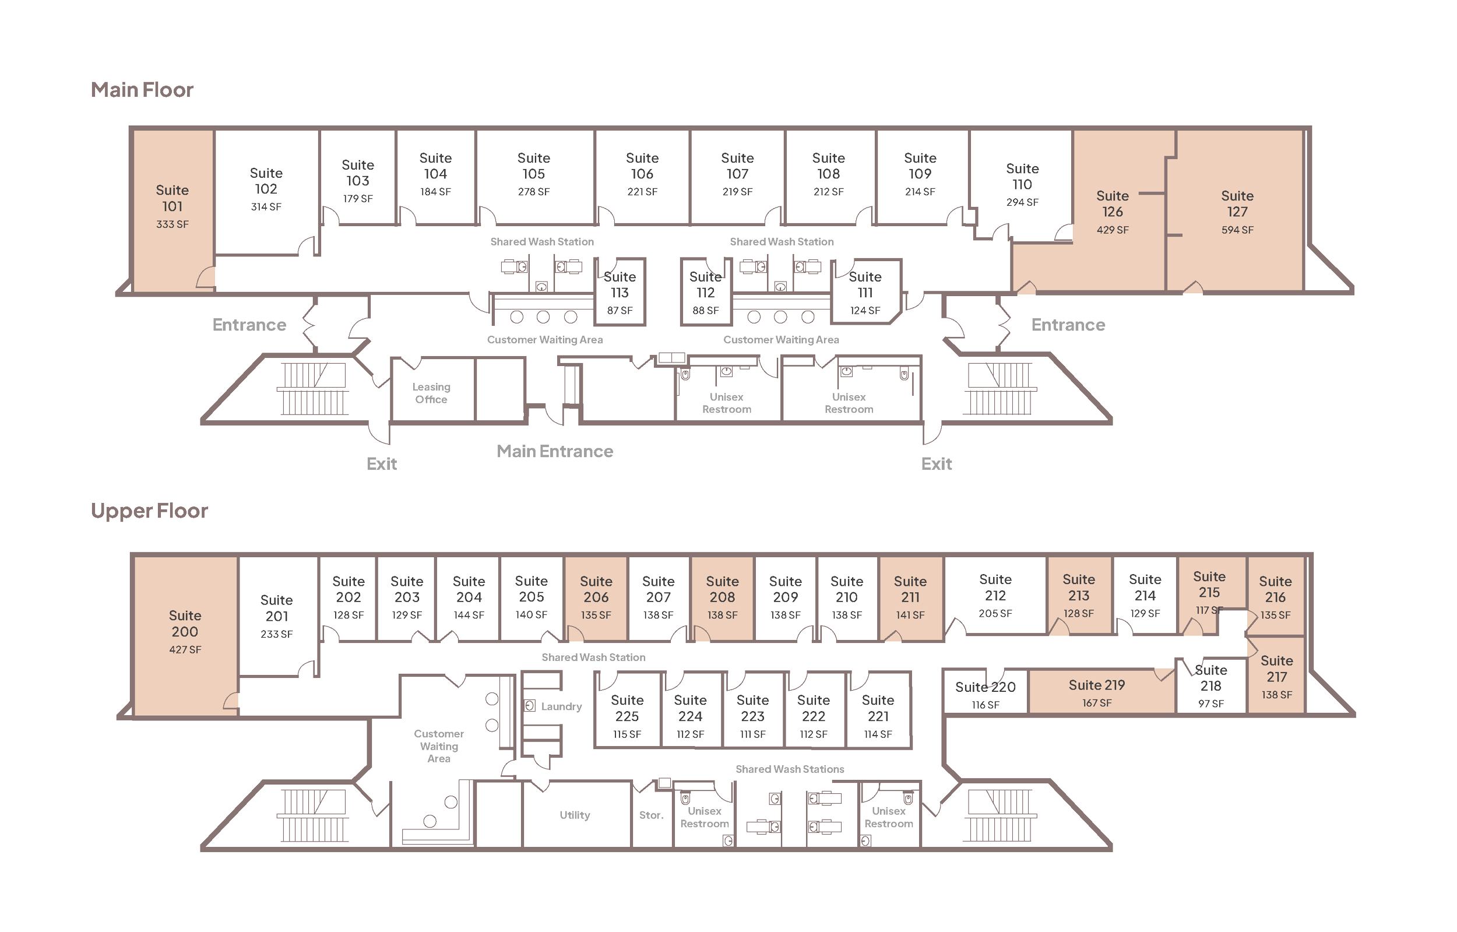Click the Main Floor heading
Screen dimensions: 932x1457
tap(142, 90)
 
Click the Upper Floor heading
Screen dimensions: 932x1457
tap(149, 511)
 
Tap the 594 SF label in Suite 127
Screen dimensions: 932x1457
tap(1237, 230)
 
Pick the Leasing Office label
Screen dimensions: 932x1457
tap(431, 393)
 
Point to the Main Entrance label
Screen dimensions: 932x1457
tap(555, 452)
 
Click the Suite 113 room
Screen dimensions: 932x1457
tap(620, 293)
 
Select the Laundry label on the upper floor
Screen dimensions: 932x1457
tap(561, 707)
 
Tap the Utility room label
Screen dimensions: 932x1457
tap(575, 815)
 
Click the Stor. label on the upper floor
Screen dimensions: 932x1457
tap(651, 816)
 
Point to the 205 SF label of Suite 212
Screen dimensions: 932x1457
tap(995, 614)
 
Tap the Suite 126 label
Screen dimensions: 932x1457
tap(1112, 204)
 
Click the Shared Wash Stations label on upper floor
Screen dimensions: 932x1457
tap(790, 769)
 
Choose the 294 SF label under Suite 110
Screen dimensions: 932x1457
tap(1022, 203)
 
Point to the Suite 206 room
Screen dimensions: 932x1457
tap(596, 597)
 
